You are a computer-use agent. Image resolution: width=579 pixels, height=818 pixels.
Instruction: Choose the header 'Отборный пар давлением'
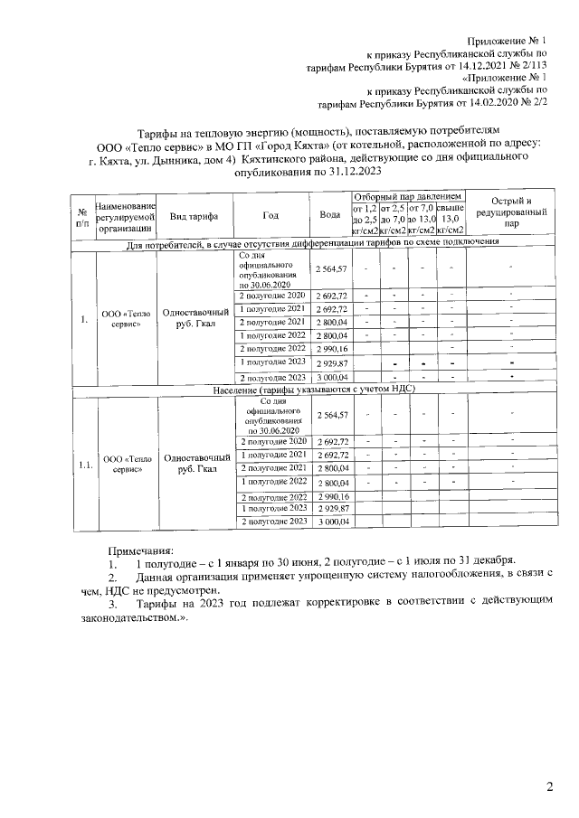pyautogui.click(x=407, y=196)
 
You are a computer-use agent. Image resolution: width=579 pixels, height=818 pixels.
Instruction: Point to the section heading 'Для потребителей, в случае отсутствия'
pyautogui.click(x=312, y=243)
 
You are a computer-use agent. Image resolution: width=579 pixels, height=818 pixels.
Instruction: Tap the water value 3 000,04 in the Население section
pyautogui.click(x=331, y=522)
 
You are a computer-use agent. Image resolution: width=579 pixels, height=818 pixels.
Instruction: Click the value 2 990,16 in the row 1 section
pyautogui.click(x=331, y=348)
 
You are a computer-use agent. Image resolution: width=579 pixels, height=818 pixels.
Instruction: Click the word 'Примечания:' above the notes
pyautogui.click(x=140, y=550)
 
